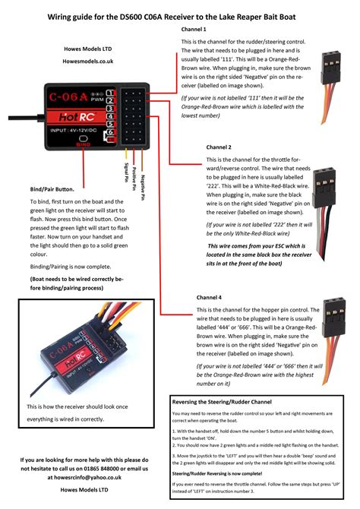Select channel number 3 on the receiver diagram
(x=110, y=108)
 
